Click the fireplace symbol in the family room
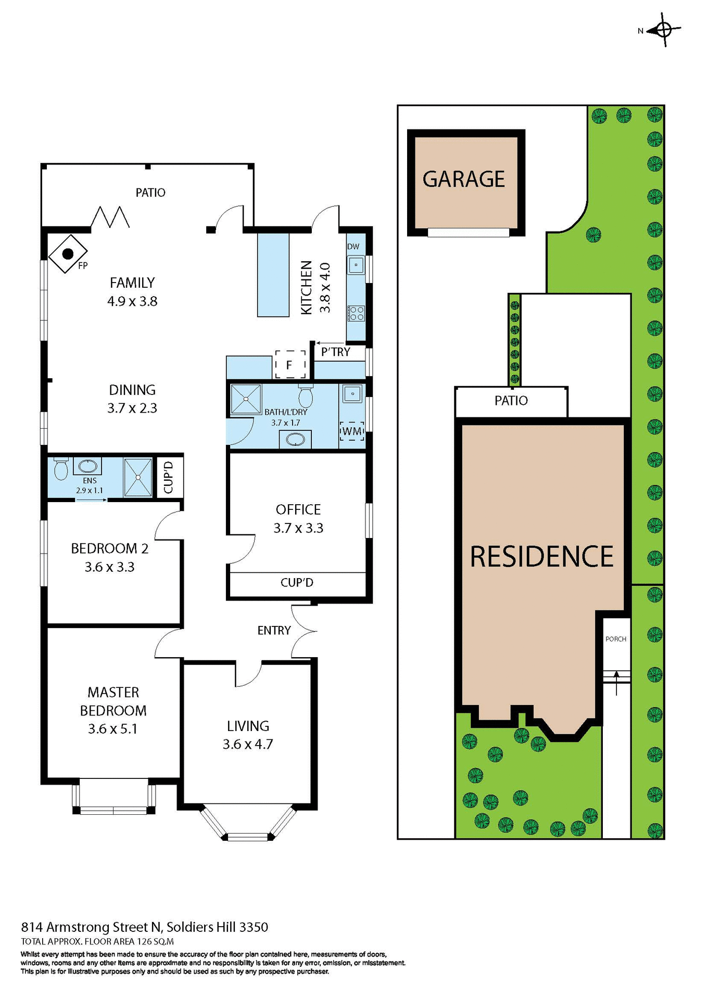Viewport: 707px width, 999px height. tap(68, 254)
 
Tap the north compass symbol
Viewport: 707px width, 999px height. tap(663, 30)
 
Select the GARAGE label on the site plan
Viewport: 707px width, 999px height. tap(463, 180)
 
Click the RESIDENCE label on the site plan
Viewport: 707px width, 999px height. tap(541, 557)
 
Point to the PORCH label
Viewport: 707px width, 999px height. tap(616, 639)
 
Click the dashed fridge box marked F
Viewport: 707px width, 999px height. tap(290, 365)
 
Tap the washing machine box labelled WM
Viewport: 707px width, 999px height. tap(352, 431)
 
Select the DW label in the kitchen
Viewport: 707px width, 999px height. tap(353, 247)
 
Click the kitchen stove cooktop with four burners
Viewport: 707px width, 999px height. tap(357, 313)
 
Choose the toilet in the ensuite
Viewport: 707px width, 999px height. tap(61, 469)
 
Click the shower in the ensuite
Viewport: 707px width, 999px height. tap(138, 477)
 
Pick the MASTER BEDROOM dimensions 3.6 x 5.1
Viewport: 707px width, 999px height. tap(113, 729)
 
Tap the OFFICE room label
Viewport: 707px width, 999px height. tap(298, 509)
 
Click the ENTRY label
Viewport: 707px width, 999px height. tap(274, 631)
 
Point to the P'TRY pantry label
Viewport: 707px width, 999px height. tap(335, 352)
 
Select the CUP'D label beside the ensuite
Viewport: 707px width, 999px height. tap(168, 477)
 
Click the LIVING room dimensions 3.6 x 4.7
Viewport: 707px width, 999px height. tap(248, 745)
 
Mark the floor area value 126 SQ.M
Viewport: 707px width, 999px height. tap(155, 941)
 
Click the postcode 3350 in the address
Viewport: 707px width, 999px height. tap(254, 927)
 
